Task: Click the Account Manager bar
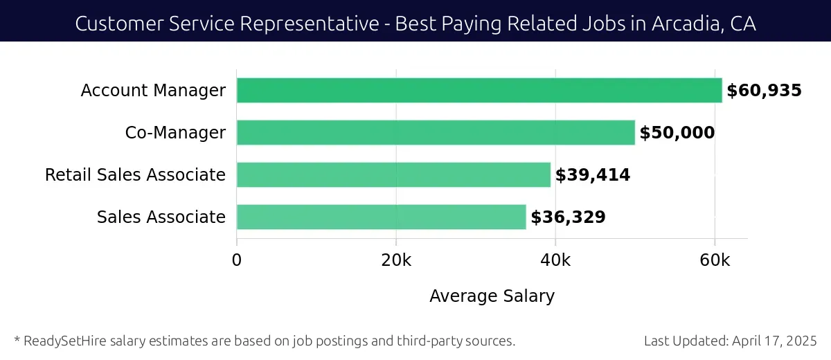click(x=479, y=91)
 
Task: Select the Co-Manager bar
click(x=436, y=132)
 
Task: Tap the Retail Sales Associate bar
click(x=393, y=174)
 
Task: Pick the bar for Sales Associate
click(x=382, y=217)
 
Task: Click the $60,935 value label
click(x=764, y=91)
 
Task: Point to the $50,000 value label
click(x=677, y=133)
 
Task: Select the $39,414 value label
click(x=593, y=175)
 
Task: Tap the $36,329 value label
click(x=568, y=217)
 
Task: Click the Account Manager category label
click(x=153, y=91)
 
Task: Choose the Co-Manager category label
click(x=175, y=133)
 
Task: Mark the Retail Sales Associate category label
click(x=135, y=175)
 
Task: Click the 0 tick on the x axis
click(x=237, y=260)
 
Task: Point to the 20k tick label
click(x=396, y=260)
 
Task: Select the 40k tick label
click(x=555, y=260)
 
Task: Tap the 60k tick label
click(x=715, y=260)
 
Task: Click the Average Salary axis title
click(x=492, y=296)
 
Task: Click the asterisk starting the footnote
click(x=17, y=339)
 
